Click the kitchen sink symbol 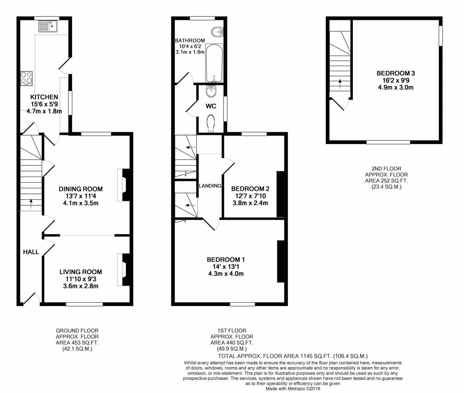48,26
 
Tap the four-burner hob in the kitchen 26,78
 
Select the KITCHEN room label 44,97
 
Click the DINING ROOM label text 80,189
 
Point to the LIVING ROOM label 80,272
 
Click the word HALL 31,252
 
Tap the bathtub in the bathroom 214,63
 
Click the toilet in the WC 211,123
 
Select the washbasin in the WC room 211,91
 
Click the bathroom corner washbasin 218,32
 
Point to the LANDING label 210,186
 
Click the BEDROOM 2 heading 250,189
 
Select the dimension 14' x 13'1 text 226,267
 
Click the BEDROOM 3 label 396,73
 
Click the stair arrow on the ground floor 31,203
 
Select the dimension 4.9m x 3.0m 396,87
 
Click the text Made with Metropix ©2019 292,389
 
